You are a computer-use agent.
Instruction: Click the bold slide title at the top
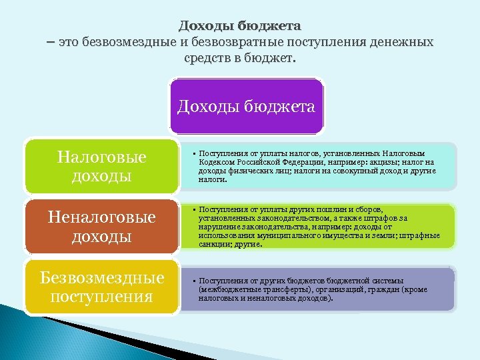point(239,26)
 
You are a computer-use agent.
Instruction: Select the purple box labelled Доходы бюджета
point(246,107)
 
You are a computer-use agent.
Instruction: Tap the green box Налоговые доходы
point(101,167)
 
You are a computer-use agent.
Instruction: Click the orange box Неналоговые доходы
point(101,227)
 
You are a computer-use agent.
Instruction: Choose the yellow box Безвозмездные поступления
point(101,287)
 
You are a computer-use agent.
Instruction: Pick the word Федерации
point(292,162)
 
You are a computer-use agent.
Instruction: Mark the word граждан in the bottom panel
point(377,290)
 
